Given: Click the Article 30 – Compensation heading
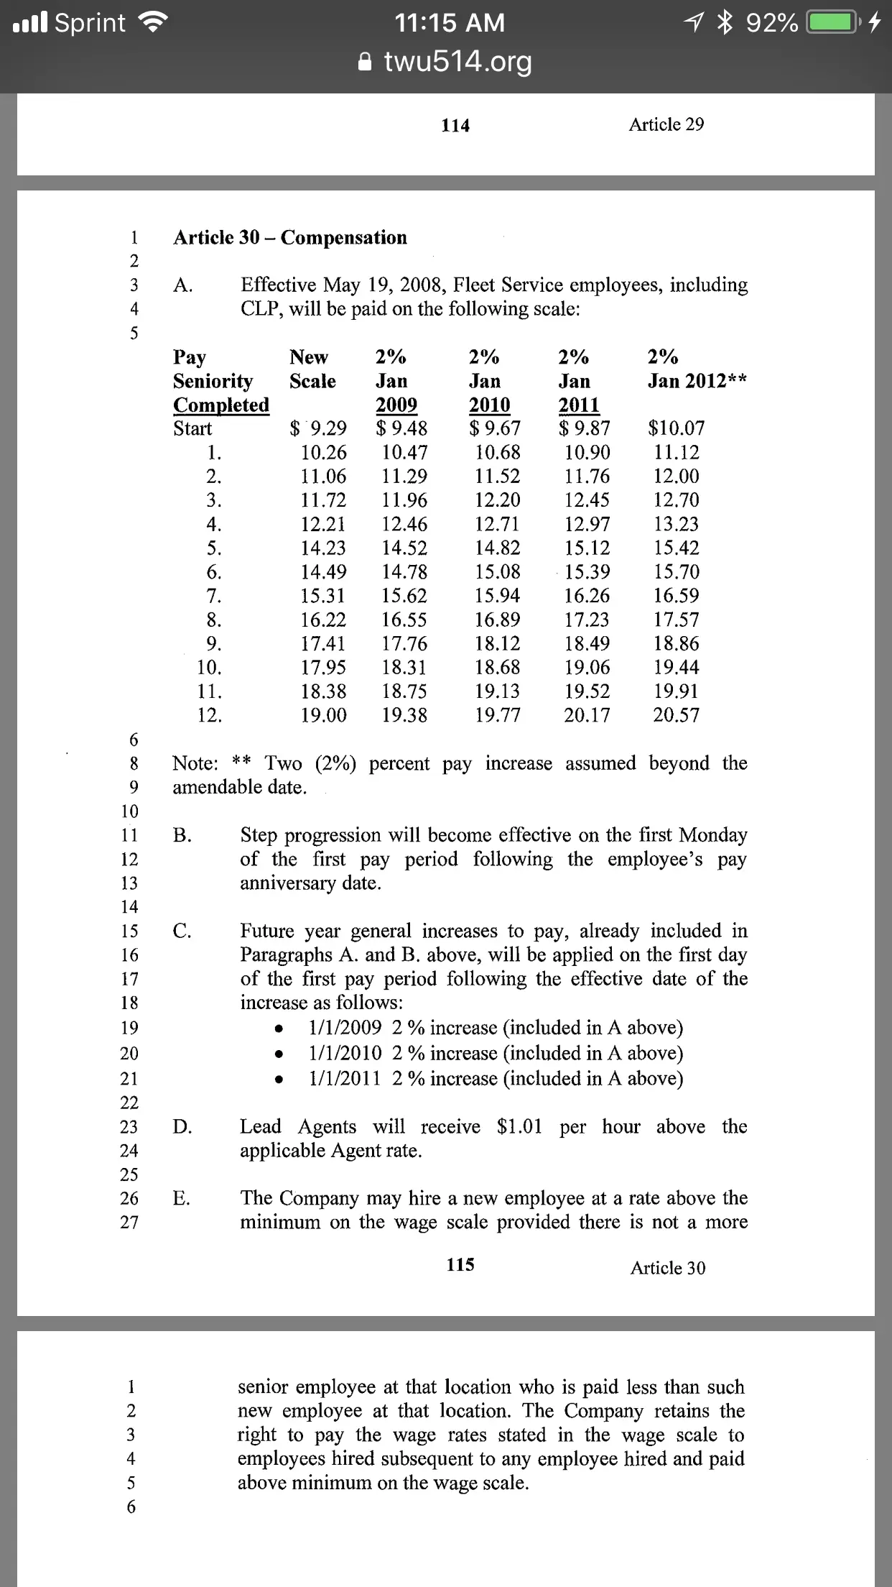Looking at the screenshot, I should (289, 238).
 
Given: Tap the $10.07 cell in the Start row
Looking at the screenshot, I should (676, 428).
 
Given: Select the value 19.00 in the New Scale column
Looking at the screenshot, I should (323, 715).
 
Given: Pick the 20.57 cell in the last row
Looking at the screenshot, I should (676, 715).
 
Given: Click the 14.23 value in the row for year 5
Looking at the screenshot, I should (323, 548).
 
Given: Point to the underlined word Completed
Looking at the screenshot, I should (221, 405).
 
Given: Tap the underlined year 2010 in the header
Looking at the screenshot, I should (489, 405).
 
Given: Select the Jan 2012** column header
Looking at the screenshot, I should (697, 381).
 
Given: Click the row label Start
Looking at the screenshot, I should (192, 428).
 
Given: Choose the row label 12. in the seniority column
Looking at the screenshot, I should (210, 715).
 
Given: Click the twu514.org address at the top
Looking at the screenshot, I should (457, 62).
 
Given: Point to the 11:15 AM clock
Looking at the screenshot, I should (450, 23).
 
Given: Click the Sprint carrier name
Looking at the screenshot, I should (90, 23).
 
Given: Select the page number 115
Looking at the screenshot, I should (460, 1264).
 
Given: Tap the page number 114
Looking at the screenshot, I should (455, 126).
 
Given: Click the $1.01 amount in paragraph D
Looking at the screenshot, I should (519, 1126).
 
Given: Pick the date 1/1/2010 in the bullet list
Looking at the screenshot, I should (345, 1053).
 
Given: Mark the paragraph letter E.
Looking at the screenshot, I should (182, 1197).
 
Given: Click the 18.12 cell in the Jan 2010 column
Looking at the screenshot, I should (498, 643).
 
